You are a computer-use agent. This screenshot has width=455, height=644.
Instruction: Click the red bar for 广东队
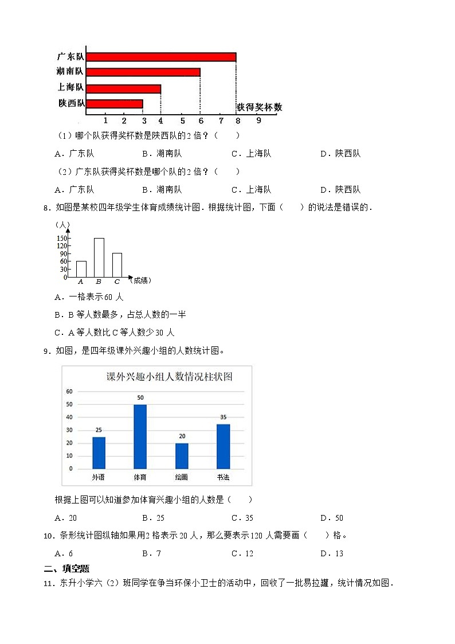162,57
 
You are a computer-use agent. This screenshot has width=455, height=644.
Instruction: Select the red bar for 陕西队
115,104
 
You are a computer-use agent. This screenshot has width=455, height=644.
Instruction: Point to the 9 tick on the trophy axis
259,120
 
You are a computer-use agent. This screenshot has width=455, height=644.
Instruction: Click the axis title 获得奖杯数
259,107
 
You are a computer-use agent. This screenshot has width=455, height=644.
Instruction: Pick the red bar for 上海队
124,88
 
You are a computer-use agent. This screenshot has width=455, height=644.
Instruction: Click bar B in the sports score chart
99,257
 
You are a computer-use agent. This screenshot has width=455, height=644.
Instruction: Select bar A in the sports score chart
81,269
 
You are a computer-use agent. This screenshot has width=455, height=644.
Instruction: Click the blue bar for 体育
140,436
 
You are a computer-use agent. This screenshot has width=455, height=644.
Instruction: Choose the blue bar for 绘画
182,456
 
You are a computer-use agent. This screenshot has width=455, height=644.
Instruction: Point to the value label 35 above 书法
223,417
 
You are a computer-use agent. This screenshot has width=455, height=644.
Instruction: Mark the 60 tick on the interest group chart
69,392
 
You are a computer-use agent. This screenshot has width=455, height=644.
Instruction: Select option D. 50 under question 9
332,518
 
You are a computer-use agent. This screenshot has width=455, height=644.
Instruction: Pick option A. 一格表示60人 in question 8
89,297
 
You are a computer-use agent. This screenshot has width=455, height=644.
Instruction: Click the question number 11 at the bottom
48,584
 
